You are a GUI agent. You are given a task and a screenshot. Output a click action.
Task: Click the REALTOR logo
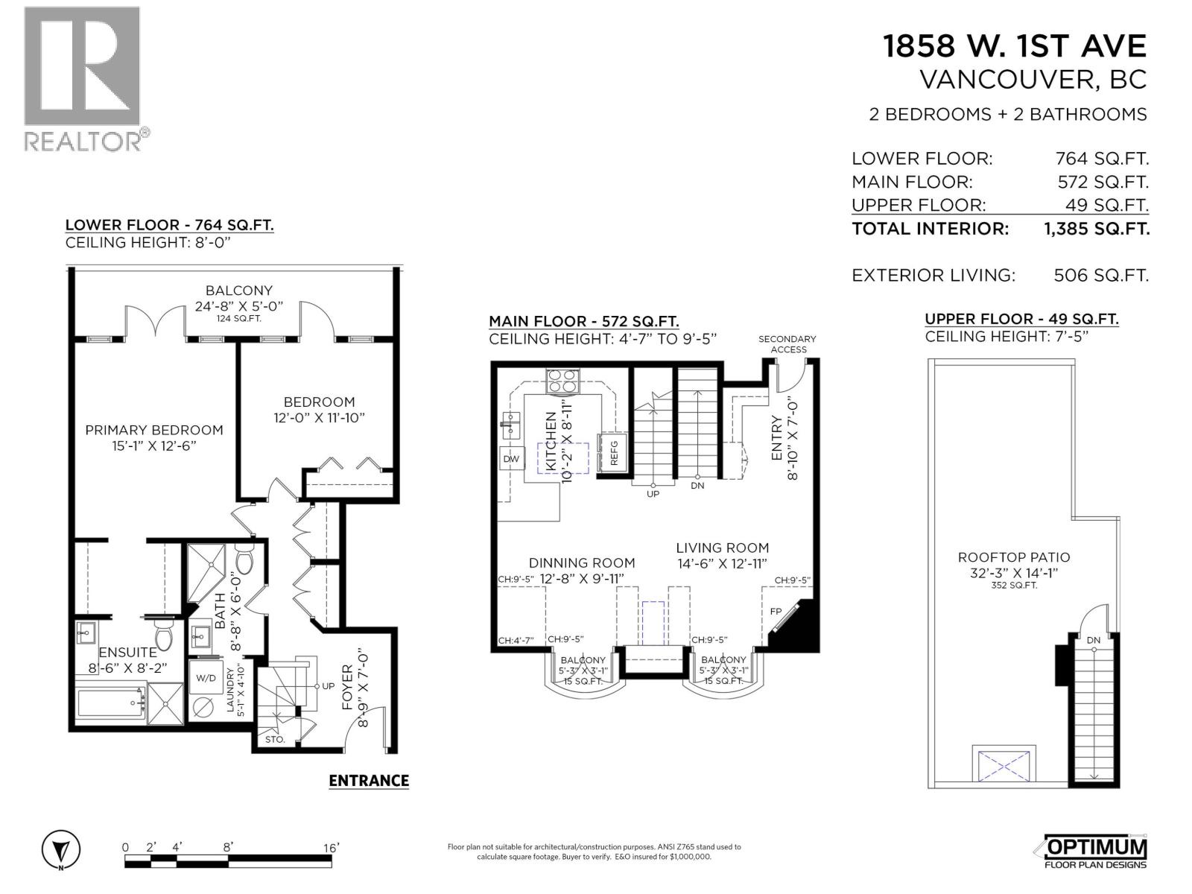[82, 78]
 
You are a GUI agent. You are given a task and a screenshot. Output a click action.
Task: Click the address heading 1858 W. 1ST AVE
[1014, 46]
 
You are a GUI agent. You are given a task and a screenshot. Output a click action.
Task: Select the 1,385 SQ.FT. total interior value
[1097, 229]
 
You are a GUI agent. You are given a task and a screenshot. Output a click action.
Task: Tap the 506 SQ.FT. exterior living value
[1100, 276]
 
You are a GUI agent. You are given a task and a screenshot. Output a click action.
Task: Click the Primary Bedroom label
[153, 430]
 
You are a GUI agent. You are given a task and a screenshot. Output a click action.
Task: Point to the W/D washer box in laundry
[206, 678]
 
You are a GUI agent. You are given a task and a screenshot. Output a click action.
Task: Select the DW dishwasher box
[511, 459]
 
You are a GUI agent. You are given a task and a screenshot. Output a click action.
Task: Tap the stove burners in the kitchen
[564, 381]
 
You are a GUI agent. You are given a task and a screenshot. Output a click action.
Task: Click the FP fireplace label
[776, 611]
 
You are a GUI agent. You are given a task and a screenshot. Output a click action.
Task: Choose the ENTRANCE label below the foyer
[369, 781]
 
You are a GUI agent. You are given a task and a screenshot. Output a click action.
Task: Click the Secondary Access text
[787, 343]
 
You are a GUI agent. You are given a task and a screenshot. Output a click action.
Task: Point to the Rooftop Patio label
[1013, 557]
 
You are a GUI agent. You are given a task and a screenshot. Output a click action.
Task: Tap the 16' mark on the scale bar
[332, 847]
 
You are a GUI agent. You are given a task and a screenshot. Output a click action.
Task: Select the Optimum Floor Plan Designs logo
[1091, 852]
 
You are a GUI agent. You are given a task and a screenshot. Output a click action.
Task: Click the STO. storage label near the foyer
[274, 740]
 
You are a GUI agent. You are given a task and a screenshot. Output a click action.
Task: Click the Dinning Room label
[581, 563]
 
